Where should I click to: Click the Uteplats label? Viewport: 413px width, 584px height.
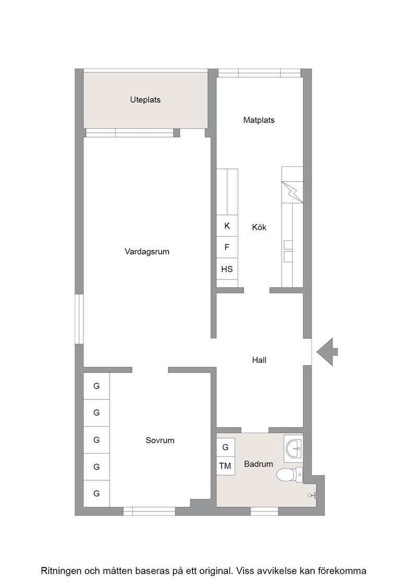click(x=145, y=100)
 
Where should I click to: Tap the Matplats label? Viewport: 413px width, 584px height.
click(x=259, y=120)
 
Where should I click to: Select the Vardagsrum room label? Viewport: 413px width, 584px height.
click(x=147, y=252)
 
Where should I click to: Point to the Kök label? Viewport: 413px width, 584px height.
click(x=259, y=227)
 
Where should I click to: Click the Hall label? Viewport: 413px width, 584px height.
click(x=259, y=360)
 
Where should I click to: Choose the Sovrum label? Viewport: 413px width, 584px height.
click(x=160, y=440)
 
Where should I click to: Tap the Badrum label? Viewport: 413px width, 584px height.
click(x=259, y=464)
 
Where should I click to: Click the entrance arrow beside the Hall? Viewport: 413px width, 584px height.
click(x=327, y=351)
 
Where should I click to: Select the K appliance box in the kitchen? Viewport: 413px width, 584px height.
click(x=227, y=226)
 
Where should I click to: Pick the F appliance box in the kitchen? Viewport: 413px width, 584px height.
click(x=227, y=247)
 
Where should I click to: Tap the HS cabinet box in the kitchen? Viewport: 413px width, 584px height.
click(x=227, y=269)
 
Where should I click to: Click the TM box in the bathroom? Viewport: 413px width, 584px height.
click(x=225, y=466)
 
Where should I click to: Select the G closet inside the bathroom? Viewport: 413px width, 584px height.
click(x=225, y=447)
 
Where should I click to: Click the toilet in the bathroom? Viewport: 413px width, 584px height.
click(x=290, y=475)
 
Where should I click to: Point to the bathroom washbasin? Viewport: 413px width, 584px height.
click(x=294, y=446)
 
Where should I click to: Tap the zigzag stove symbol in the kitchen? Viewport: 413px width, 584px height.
click(x=293, y=192)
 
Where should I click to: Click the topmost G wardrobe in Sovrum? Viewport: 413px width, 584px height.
click(x=96, y=386)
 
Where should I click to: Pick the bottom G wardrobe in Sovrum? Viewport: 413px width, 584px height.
click(x=96, y=493)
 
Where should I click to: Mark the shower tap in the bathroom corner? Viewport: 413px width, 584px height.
click(x=312, y=495)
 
